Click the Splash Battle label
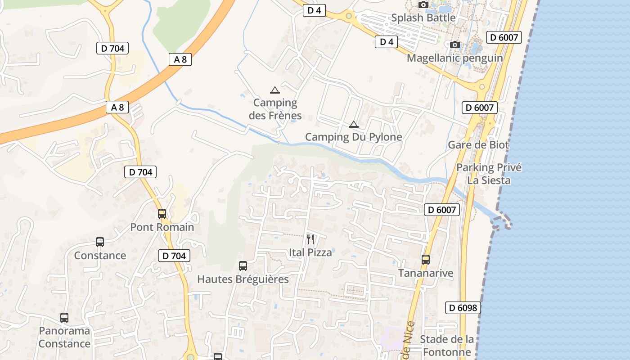tap(423, 18)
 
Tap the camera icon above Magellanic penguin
tap(455, 45)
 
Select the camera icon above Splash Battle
tap(423, 5)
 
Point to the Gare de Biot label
tap(478, 145)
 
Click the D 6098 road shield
tap(463, 308)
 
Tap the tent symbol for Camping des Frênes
tap(274, 90)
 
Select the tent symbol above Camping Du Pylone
tap(354, 124)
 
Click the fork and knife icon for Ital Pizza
tap(310, 239)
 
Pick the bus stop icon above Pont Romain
tap(162, 214)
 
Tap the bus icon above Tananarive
tap(426, 260)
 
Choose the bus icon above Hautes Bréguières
tap(243, 266)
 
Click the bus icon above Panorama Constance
tap(64, 318)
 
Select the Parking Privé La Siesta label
tap(489, 174)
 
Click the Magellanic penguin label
tap(454, 58)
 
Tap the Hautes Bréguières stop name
tap(243, 279)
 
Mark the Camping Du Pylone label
tap(354, 137)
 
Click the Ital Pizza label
tap(310, 252)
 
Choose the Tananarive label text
tap(426, 273)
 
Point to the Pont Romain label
tap(162, 227)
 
